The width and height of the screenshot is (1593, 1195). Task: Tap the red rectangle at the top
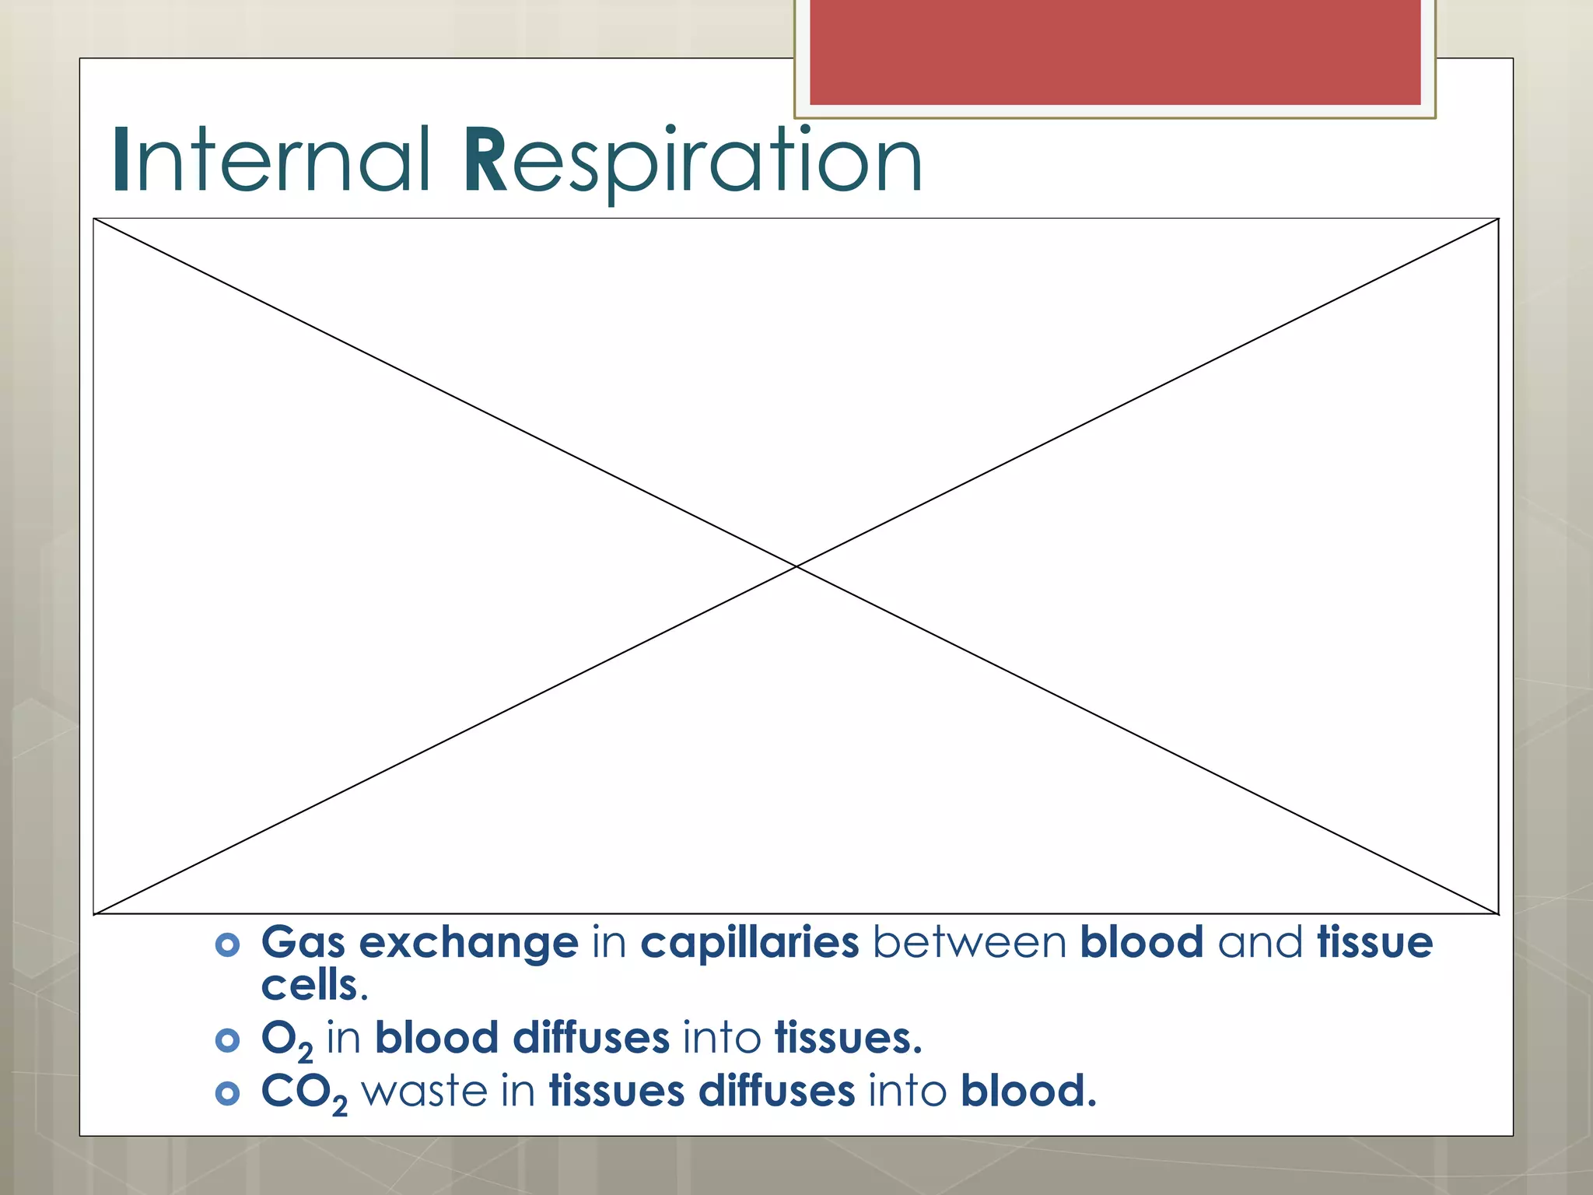click(1115, 51)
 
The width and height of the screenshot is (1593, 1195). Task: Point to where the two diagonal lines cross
click(796, 567)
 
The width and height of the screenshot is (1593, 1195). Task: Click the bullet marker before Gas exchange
click(227, 945)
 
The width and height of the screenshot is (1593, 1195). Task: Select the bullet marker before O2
click(227, 1040)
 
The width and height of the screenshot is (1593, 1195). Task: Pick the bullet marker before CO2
click(227, 1093)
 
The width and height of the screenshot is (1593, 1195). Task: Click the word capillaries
click(749, 943)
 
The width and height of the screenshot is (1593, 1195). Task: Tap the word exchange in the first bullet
click(468, 943)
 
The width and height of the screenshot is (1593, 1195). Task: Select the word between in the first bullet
click(969, 943)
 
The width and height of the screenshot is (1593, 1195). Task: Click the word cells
click(310, 986)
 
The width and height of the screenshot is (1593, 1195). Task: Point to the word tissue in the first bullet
click(1374, 943)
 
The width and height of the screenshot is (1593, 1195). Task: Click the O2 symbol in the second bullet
click(286, 1040)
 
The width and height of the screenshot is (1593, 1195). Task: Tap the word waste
click(424, 1091)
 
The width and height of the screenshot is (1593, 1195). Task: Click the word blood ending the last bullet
click(1027, 1091)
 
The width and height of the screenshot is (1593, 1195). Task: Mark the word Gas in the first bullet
click(303, 943)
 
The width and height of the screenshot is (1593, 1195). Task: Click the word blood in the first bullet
click(1141, 943)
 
